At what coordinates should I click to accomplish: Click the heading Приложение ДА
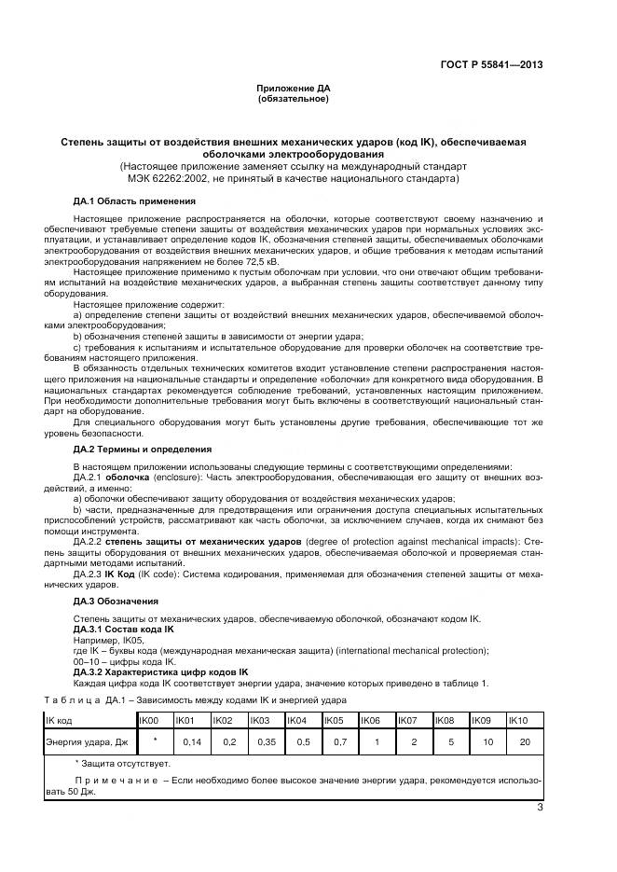(x=294, y=88)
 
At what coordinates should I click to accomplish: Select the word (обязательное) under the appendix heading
(x=294, y=98)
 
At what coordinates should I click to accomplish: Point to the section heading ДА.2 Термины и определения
(x=143, y=449)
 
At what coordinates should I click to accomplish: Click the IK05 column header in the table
(x=333, y=721)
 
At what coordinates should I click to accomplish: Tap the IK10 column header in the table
(x=519, y=721)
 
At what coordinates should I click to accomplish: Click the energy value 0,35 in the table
(x=266, y=742)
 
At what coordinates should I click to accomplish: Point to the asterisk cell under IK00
(x=155, y=741)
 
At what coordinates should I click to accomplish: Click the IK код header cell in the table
(x=62, y=721)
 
